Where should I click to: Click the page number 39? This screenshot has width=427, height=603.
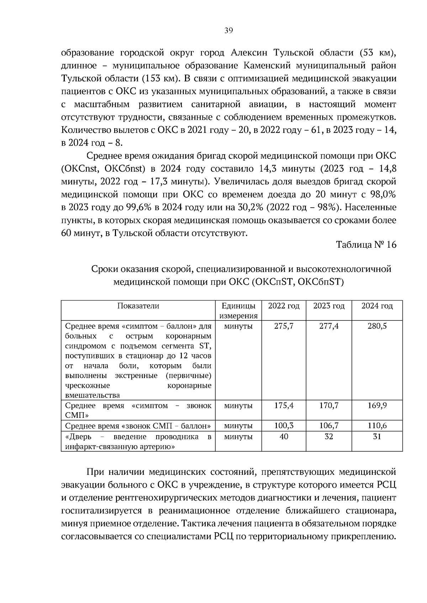(x=228, y=31)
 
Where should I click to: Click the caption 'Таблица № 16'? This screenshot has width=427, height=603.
(x=366, y=245)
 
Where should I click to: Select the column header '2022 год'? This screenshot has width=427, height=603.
(x=284, y=306)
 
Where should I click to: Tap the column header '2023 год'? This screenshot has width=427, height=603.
(x=329, y=306)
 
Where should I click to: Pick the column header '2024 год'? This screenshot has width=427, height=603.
(x=377, y=306)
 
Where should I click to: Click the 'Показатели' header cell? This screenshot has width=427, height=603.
(x=138, y=306)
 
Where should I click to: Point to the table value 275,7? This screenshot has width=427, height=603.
(x=284, y=326)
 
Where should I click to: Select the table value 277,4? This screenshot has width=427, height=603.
(x=329, y=326)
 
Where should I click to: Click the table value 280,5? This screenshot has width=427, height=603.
(x=377, y=326)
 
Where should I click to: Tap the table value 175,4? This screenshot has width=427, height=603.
(x=284, y=405)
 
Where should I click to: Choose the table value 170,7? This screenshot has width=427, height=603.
(x=329, y=405)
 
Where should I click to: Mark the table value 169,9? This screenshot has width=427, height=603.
(x=377, y=405)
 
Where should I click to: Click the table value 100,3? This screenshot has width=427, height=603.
(x=284, y=426)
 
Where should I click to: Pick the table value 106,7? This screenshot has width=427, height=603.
(x=329, y=426)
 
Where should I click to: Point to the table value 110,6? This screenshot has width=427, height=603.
(x=377, y=426)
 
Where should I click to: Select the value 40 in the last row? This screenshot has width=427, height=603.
(x=284, y=436)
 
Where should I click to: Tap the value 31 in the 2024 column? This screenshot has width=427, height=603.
(x=377, y=436)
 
